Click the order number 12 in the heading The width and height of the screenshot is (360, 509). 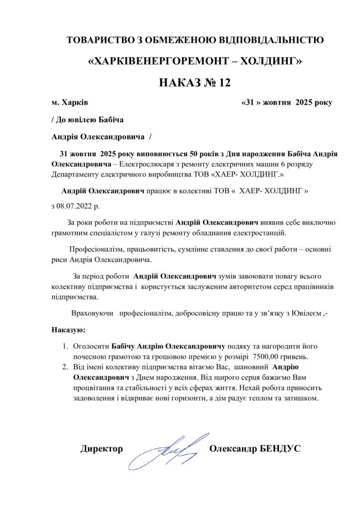pyautogui.click(x=224, y=83)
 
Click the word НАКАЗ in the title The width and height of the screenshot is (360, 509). pyautogui.click(x=179, y=83)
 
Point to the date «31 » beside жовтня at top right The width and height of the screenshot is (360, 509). pyautogui.click(x=251, y=103)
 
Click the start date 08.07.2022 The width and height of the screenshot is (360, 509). pyautogui.click(x=80, y=205)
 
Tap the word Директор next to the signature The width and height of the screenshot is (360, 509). pyautogui.click(x=101, y=449)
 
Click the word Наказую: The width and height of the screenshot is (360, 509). pyautogui.click(x=69, y=330)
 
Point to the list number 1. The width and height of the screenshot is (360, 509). pyautogui.click(x=65, y=345)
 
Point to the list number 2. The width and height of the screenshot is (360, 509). pyautogui.click(x=65, y=367)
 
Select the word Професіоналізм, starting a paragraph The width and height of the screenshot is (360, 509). pyautogui.click(x=97, y=250)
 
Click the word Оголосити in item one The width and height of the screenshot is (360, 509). pyautogui.click(x=91, y=345)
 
